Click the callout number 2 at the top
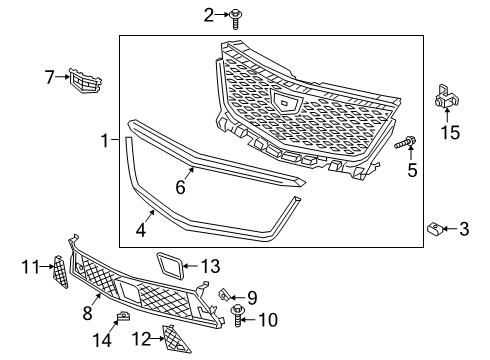pyautogui.click(x=209, y=14)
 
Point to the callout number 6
pyautogui.click(x=180, y=187)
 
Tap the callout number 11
pyautogui.click(x=30, y=267)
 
